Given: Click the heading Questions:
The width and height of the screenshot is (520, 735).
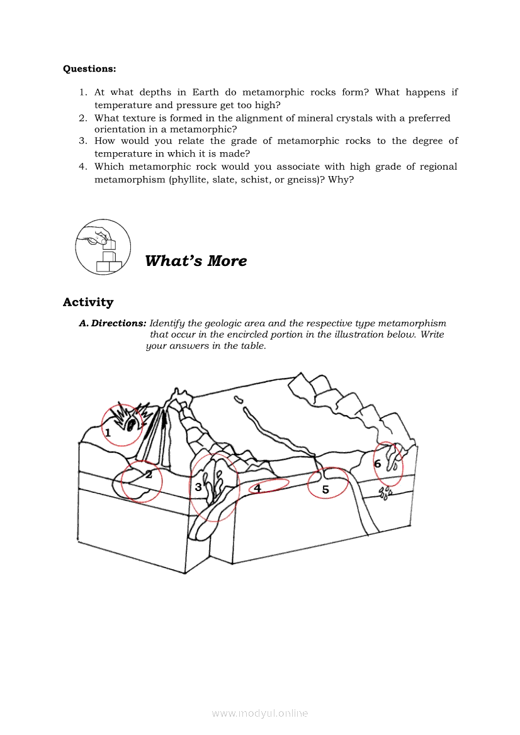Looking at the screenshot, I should click(x=89, y=69).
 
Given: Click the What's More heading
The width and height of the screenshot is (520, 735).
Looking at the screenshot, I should click(x=196, y=261).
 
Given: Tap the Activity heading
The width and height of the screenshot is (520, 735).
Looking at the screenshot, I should click(x=88, y=302).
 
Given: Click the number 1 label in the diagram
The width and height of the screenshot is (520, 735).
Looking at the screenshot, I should click(x=108, y=433).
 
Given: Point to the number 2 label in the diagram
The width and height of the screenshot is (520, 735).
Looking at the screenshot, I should click(x=149, y=475).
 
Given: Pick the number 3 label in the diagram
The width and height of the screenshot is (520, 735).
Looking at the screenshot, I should click(x=198, y=487).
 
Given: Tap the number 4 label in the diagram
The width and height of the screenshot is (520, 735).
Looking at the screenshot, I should click(x=257, y=487).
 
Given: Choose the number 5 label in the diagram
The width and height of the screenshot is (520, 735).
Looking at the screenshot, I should click(x=325, y=490).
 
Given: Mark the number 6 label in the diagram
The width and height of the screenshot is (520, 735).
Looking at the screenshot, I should click(x=378, y=464).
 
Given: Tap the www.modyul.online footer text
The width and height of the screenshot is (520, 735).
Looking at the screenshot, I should click(x=260, y=713).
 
